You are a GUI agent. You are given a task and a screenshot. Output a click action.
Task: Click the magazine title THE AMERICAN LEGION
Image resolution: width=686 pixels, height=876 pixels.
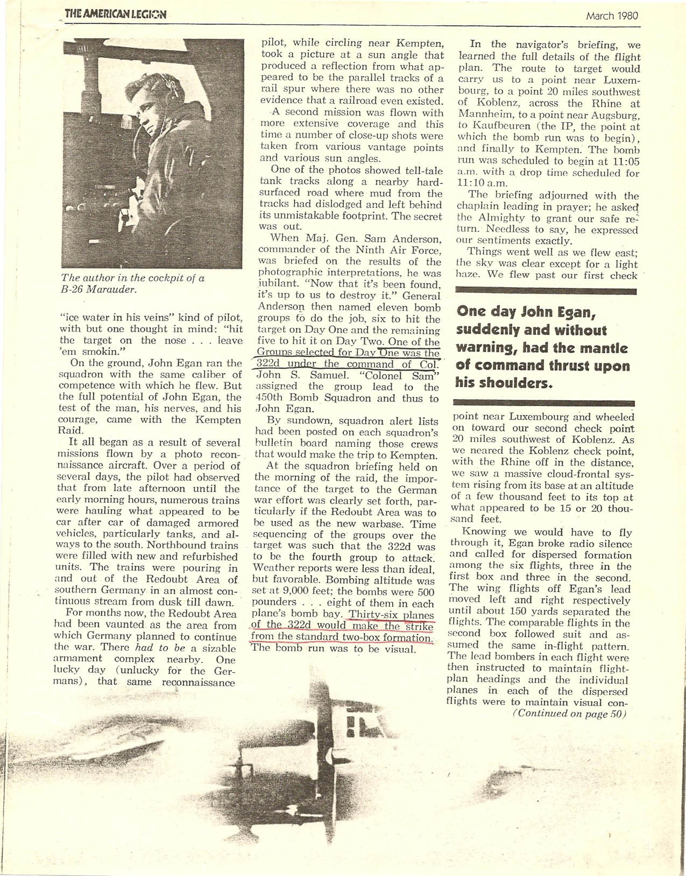115,15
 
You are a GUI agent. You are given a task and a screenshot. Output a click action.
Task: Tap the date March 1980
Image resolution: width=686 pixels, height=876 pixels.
612,16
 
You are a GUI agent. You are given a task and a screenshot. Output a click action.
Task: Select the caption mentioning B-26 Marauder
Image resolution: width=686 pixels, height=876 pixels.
133,284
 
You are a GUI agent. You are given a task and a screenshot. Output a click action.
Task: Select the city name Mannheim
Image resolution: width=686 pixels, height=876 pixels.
484,115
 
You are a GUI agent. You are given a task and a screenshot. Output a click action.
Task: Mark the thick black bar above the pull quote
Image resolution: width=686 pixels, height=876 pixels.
546,291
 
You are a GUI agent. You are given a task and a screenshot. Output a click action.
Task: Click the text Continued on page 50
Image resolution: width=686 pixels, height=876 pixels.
568,714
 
